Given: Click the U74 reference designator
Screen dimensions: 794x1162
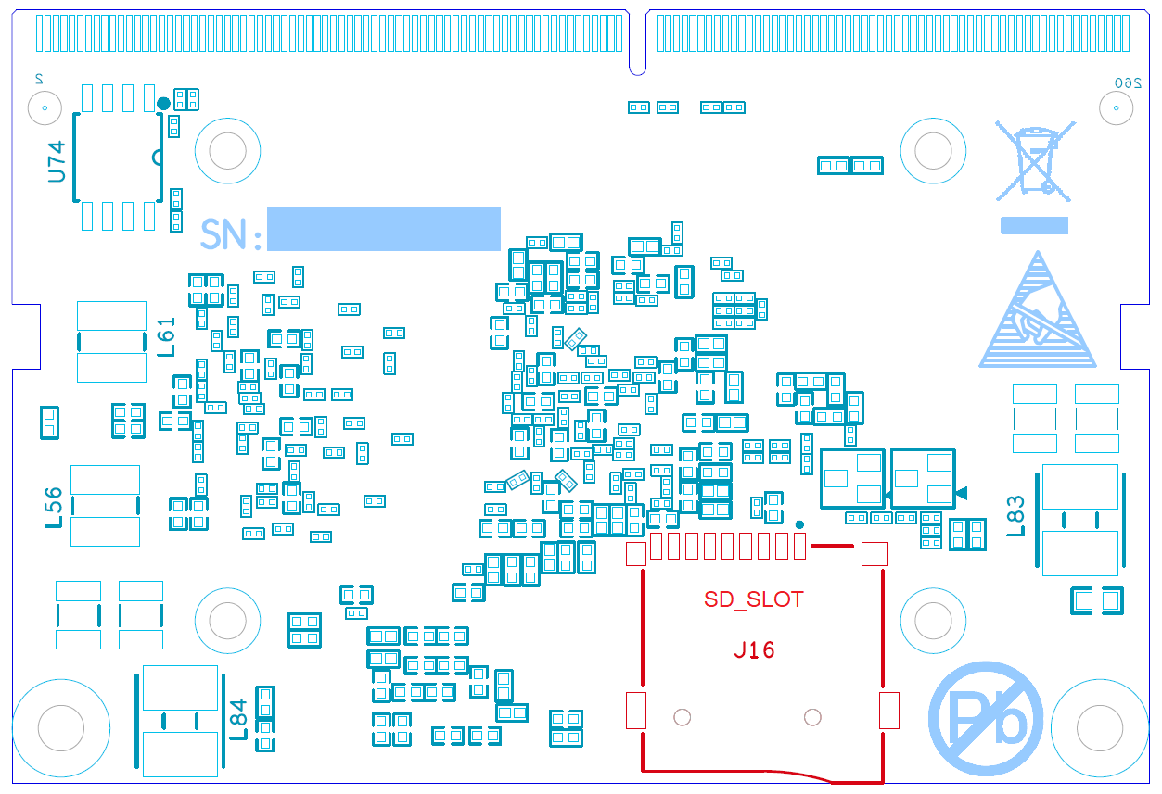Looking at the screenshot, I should click(x=57, y=161).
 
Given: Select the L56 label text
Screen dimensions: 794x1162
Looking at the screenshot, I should click(x=54, y=507).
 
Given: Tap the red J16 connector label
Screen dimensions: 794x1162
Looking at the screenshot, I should click(x=754, y=650).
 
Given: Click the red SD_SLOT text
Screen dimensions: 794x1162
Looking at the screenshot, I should click(x=753, y=599).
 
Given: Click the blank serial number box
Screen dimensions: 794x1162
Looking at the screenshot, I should click(x=383, y=229).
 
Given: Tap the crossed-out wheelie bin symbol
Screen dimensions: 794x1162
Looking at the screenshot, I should click(x=1035, y=160).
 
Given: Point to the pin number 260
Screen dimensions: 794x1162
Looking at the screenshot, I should click(x=1125, y=83).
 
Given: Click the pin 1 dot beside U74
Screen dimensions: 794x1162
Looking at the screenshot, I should click(x=163, y=103).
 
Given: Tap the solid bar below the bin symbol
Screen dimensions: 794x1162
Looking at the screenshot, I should click(x=1034, y=225).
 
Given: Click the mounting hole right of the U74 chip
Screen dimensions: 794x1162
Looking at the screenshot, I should click(x=227, y=151).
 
